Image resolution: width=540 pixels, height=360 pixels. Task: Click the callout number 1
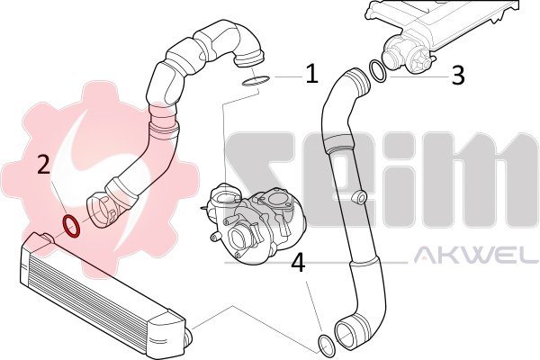tap(311, 74)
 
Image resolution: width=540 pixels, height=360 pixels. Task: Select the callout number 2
tap(44, 164)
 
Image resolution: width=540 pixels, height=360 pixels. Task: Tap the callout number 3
tap(458, 76)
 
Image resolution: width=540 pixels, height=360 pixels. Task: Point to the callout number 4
tap(298, 263)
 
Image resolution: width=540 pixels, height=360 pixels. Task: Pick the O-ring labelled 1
tap(256, 81)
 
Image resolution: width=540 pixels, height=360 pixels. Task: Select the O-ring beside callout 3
tap(377, 71)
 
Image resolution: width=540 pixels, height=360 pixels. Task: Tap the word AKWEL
tap(476, 256)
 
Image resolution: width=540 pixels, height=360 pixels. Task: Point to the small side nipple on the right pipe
tap(359, 197)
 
